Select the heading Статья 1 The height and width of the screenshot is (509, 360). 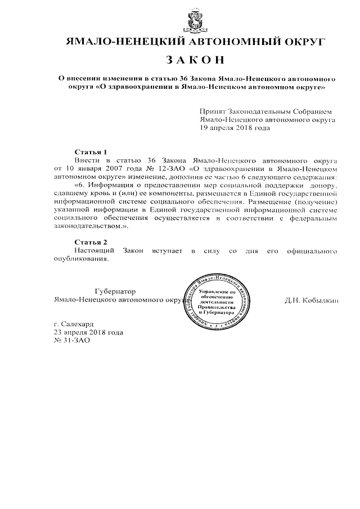point(91,152)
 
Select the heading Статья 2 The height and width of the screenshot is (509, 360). point(91,241)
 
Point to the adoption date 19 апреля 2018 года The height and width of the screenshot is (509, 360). point(235,128)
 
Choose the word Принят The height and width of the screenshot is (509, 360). point(213,112)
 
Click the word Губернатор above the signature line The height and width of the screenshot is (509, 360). point(116,291)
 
